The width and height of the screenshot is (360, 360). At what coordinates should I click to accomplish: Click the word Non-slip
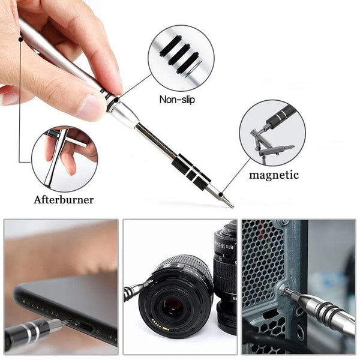(x=177, y=100)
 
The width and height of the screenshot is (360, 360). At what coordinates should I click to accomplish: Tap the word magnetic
(x=274, y=175)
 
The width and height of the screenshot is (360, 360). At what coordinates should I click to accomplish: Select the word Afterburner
(x=64, y=200)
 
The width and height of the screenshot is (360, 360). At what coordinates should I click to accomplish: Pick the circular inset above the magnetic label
(x=272, y=133)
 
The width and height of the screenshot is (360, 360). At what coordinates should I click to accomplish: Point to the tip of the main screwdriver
(x=231, y=206)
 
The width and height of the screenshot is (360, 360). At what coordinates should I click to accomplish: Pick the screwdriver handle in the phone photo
(x=27, y=334)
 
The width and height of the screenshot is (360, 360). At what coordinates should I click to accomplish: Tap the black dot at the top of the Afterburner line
(x=20, y=39)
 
